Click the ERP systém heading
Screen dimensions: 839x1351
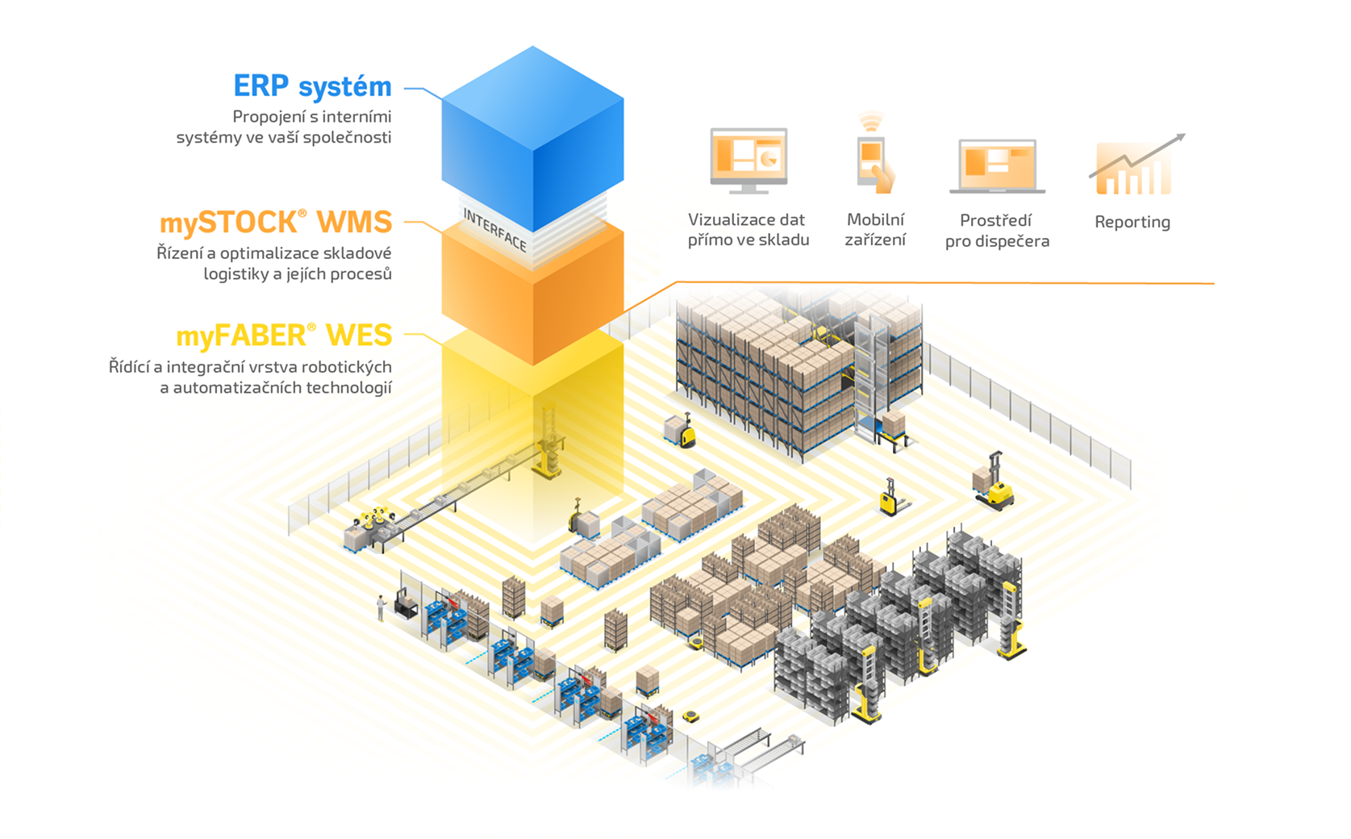click(x=312, y=86)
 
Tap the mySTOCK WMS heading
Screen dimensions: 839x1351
click(x=275, y=222)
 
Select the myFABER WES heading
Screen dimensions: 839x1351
click(x=283, y=335)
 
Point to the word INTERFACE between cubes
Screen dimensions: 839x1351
click(x=494, y=229)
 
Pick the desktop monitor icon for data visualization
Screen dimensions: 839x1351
click(x=748, y=159)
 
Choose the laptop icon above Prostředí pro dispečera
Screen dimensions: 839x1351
click(x=997, y=167)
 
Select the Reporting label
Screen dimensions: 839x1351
click(x=1132, y=222)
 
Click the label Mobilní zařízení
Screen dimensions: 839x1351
click(x=875, y=230)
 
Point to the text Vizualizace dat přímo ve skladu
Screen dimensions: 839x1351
click(x=748, y=230)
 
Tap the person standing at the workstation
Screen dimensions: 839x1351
click(x=381, y=607)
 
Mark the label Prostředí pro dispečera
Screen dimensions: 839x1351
click(x=997, y=231)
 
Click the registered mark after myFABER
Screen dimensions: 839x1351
click(x=311, y=327)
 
